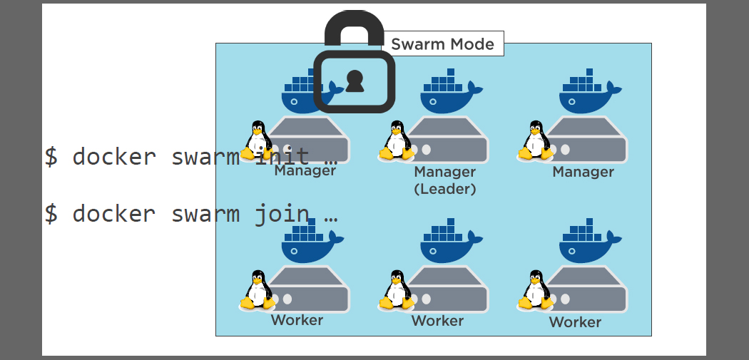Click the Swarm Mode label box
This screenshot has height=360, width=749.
(442, 44)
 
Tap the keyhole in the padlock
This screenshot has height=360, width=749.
(355, 82)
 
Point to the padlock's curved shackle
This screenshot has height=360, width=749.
(354, 29)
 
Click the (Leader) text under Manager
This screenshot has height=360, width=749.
(444, 189)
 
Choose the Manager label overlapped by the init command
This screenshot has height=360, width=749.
(305, 171)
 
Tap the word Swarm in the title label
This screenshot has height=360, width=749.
(417, 44)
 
